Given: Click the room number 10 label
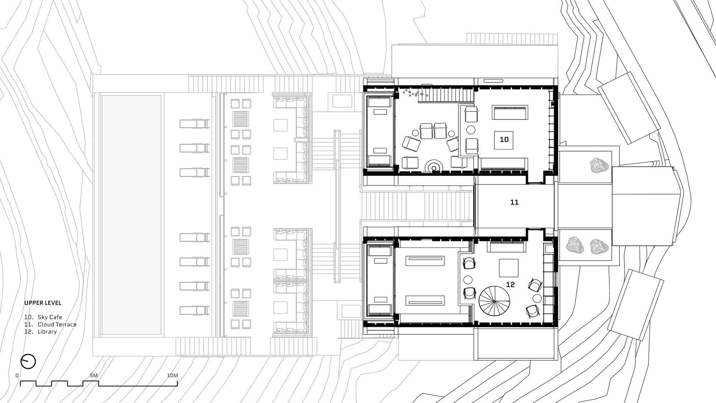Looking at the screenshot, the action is click(504, 139).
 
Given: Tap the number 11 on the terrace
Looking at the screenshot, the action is click(514, 202).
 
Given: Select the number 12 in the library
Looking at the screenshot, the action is click(510, 284).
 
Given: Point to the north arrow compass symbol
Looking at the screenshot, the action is click(28, 361).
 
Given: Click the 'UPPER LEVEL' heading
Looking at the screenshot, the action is click(43, 303).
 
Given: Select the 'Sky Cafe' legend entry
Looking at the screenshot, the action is click(50, 317).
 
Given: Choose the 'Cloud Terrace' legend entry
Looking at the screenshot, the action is click(57, 325).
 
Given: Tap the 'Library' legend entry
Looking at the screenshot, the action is click(47, 332).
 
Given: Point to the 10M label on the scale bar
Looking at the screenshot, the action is click(172, 375).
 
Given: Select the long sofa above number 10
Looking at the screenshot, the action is click(510, 112).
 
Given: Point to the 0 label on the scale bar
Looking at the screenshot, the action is click(17, 375).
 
